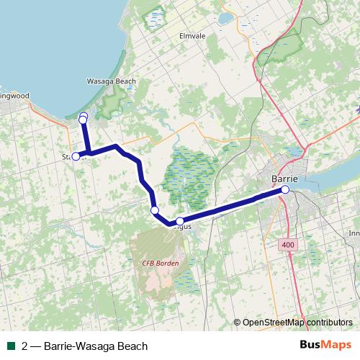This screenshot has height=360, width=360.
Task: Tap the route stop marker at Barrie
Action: point(285,189)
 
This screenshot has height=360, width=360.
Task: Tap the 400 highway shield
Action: point(288,246)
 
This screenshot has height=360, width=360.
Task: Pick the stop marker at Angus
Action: point(180,221)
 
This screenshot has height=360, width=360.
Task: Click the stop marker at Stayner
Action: point(76,156)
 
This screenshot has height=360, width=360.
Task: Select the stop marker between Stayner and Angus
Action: point(154,210)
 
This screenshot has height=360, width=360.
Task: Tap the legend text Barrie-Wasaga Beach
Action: point(84,346)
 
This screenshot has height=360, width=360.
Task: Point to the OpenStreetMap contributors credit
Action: point(297,323)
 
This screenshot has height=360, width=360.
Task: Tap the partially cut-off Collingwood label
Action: point(14,94)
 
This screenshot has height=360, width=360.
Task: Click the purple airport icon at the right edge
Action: point(357,110)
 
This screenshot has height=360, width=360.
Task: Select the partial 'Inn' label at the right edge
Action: point(354,233)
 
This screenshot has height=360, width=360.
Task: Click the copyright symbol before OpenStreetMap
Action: point(238,323)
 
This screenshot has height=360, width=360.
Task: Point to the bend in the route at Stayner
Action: point(87,153)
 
